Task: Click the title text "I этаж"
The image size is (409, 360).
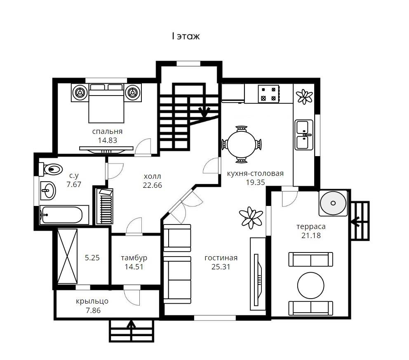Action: click(x=186, y=36)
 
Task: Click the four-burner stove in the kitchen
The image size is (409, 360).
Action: click(x=268, y=94)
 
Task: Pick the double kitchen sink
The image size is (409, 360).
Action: click(x=304, y=135)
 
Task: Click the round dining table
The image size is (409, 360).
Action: click(x=241, y=144)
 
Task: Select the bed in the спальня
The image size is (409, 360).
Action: click(x=106, y=103)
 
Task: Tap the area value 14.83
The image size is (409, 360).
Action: click(x=108, y=140)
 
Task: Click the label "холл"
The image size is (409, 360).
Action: click(x=152, y=176)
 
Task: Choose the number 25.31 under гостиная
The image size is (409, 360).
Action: click(x=221, y=266)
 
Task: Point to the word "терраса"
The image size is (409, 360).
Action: click(x=311, y=227)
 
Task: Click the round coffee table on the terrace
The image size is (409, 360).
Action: click(x=310, y=285)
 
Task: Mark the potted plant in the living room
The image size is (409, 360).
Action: click(x=251, y=217)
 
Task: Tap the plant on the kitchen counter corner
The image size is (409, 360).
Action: click(x=304, y=97)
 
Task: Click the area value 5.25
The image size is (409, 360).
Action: click(x=92, y=258)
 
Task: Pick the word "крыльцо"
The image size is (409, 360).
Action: click(x=92, y=302)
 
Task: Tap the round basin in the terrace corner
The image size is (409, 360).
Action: click(x=333, y=203)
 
